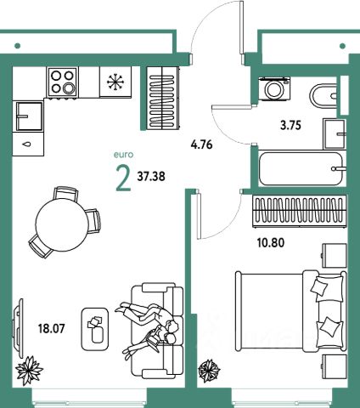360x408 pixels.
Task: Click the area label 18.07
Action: (x=52, y=329)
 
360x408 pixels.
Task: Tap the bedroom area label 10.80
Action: (x=271, y=243)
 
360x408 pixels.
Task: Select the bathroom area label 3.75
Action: (x=290, y=125)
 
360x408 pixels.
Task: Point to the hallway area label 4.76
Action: (x=201, y=145)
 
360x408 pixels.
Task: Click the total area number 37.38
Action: (x=151, y=177)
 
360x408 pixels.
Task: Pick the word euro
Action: (x=123, y=155)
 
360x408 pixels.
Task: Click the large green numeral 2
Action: (x=123, y=179)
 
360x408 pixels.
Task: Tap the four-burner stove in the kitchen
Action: (x=63, y=82)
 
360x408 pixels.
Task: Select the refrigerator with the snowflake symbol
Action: (x=115, y=82)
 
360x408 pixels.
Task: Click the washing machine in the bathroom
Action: (x=274, y=88)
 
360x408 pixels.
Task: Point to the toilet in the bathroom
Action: (x=324, y=96)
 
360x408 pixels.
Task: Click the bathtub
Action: (x=302, y=168)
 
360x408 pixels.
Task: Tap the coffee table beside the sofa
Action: (x=95, y=329)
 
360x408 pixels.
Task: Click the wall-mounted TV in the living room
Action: (x=18, y=329)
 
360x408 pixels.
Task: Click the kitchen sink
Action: (x=29, y=116)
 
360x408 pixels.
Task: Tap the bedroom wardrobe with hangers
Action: (x=300, y=211)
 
